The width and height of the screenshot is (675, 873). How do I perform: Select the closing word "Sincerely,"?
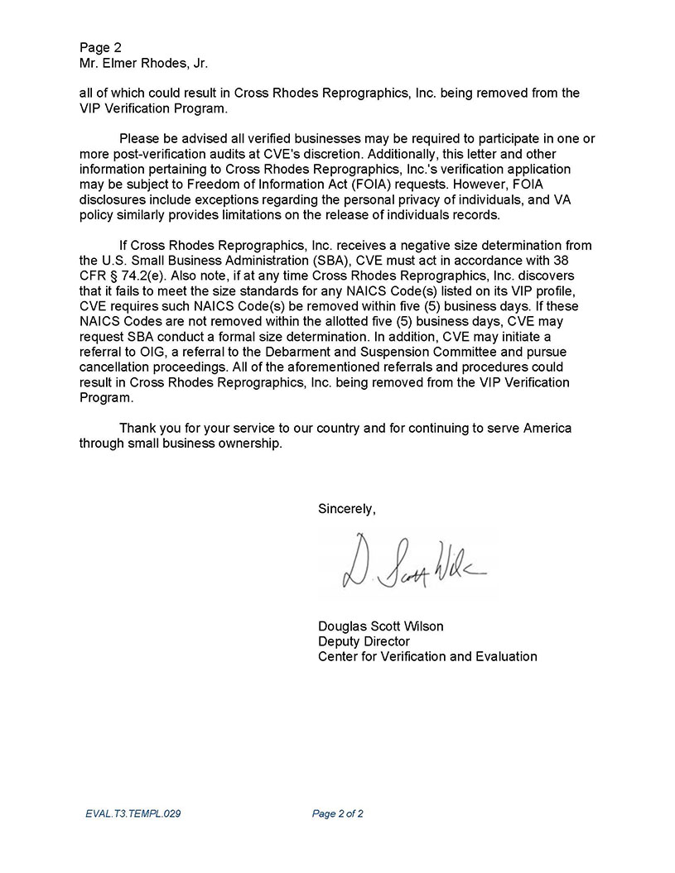click(x=347, y=509)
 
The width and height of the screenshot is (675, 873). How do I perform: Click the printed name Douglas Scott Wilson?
click(x=380, y=626)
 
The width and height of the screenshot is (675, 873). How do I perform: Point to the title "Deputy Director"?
click(x=364, y=641)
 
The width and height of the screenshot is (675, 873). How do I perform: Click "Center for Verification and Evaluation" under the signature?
click(x=427, y=656)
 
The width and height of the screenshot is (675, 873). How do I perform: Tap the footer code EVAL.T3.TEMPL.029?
click(x=133, y=813)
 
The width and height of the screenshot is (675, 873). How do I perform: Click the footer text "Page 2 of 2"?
click(x=338, y=813)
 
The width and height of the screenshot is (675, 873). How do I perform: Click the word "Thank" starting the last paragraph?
click(x=137, y=428)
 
